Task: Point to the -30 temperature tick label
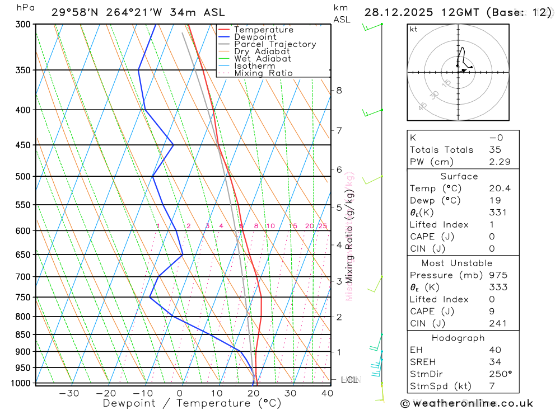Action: tap(69, 393)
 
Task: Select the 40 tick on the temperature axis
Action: tap(327, 393)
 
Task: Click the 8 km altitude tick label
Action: tap(339, 90)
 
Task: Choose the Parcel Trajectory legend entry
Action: tap(275, 44)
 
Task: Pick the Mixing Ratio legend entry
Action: tap(263, 73)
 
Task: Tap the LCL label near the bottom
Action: tap(349, 380)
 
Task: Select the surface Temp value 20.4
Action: tap(500, 188)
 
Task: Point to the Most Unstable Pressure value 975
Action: tap(498, 275)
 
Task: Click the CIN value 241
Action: tap(498, 323)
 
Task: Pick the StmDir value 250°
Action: tap(500, 374)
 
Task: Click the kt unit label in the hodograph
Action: tap(413, 29)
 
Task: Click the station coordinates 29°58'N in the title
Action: tap(74, 12)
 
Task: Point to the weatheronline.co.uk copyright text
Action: tap(466, 403)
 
